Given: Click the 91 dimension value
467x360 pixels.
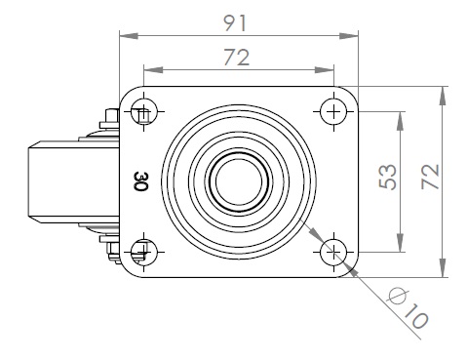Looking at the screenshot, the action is click(x=236, y=23).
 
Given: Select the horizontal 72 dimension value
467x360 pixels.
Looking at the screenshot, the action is click(x=237, y=58).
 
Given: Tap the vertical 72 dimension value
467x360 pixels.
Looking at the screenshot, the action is click(x=431, y=177).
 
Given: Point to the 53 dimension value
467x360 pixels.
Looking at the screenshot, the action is click(x=388, y=177).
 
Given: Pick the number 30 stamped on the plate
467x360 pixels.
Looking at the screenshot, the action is click(x=141, y=181).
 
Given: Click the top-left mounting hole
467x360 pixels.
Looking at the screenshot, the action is click(x=144, y=111).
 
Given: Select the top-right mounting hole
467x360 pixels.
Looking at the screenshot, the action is click(x=333, y=111).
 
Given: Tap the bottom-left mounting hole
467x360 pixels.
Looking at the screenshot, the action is click(x=144, y=252).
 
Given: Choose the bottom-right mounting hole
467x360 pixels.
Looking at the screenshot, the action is click(x=333, y=252).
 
